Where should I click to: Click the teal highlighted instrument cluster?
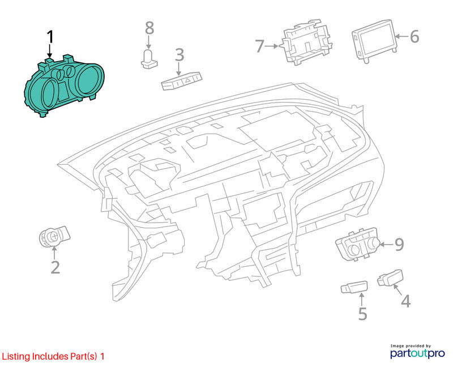pyautogui.click(x=64, y=86)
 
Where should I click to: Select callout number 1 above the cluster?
pyautogui.click(x=50, y=37)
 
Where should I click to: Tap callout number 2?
pyautogui.click(x=55, y=267)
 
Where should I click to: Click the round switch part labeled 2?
pyautogui.click(x=54, y=237)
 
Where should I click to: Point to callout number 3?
pyautogui.click(x=180, y=55)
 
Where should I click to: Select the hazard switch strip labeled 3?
pyautogui.click(x=182, y=81)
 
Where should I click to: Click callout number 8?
pyautogui.click(x=149, y=28)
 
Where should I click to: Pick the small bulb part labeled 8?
pyautogui.click(x=149, y=59)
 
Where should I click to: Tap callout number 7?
pyautogui.click(x=260, y=46)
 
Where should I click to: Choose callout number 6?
pyautogui.click(x=414, y=37)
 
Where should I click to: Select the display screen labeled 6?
pyautogui.click(x=374, y=41)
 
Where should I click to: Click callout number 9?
pyautogui.click(x=399, y=245)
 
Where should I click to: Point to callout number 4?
pyautogui.click(x=406, y=301)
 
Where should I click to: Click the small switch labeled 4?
pyautogui.click(x=390, y=278)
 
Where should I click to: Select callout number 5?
pyautogui.click(x=362, y=314)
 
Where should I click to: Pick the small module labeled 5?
pyautogui.click(x=354, y=287)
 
